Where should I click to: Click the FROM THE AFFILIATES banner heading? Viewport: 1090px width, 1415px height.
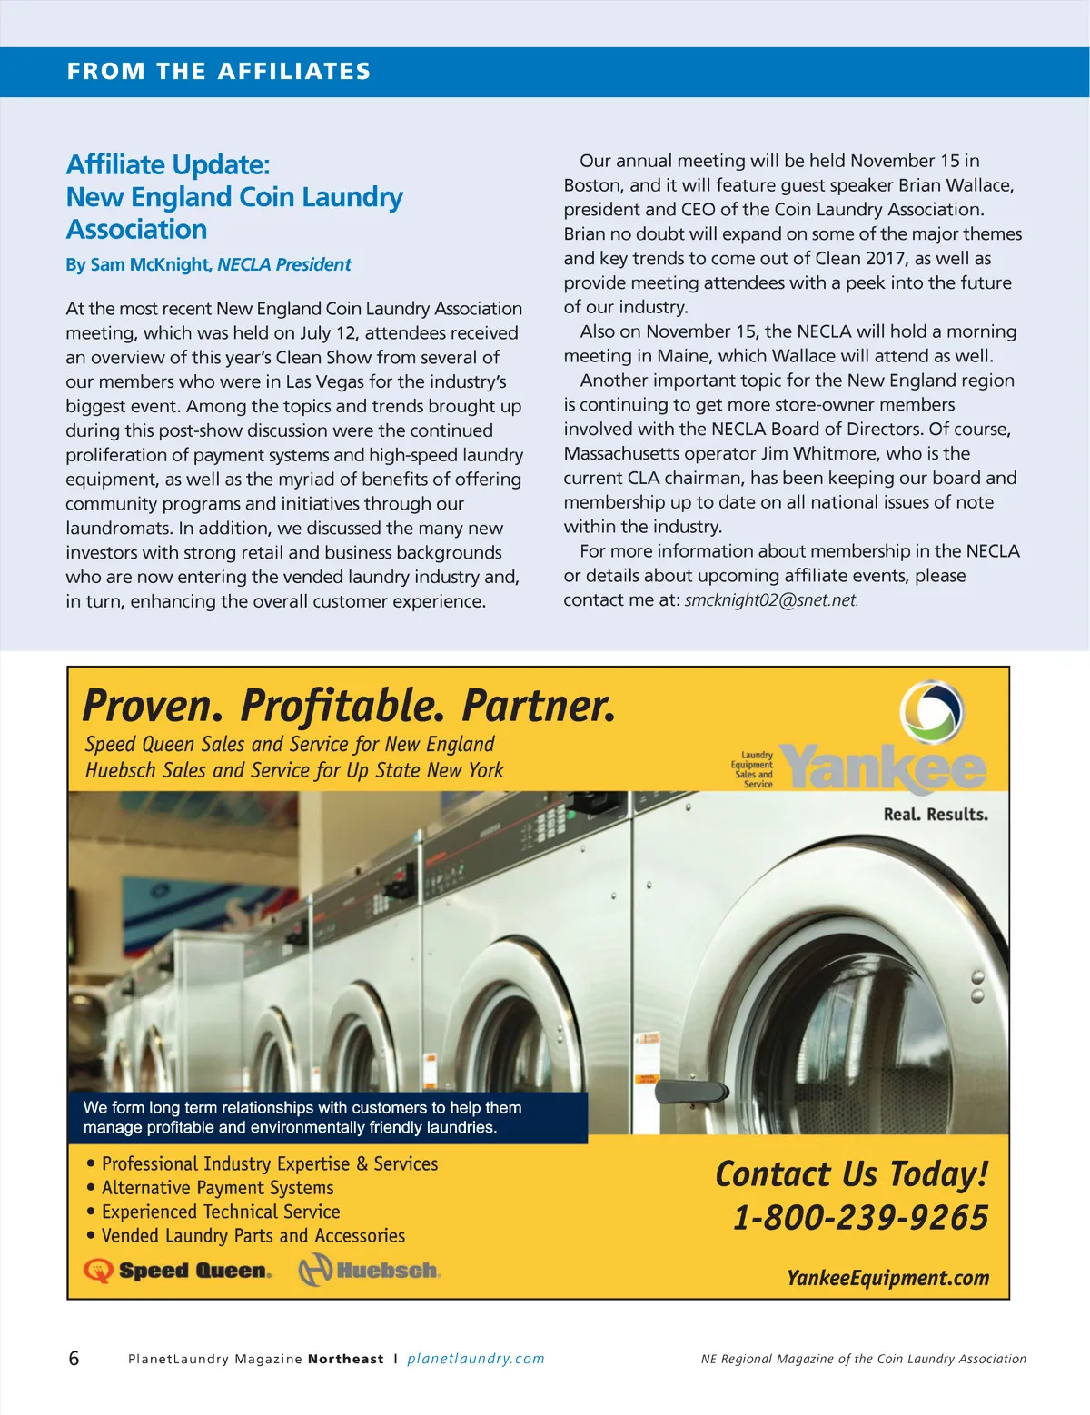point(219,72)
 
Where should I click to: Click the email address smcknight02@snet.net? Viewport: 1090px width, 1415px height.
point(771,600)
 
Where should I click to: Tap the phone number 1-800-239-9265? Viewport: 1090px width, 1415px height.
point(860,1218)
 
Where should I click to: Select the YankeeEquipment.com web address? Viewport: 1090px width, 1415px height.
point(887,1278)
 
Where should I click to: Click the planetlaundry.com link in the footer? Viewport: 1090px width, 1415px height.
point(475,1359)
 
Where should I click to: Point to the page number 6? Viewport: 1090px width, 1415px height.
point(74,1359)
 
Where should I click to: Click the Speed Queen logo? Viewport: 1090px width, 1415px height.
point(178,1271)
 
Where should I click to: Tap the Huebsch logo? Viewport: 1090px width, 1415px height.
point(370,1270)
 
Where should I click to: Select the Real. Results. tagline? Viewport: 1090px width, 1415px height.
point(936,815)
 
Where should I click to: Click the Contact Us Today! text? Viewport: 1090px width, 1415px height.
point(851,1174)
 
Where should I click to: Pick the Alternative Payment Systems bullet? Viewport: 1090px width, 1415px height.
point(217,1188)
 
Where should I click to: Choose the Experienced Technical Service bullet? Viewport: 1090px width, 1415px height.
point(221,1212)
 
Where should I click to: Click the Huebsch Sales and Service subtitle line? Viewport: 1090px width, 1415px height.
point(294,770)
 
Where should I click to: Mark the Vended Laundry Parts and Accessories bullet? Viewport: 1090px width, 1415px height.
point(253,1236)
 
